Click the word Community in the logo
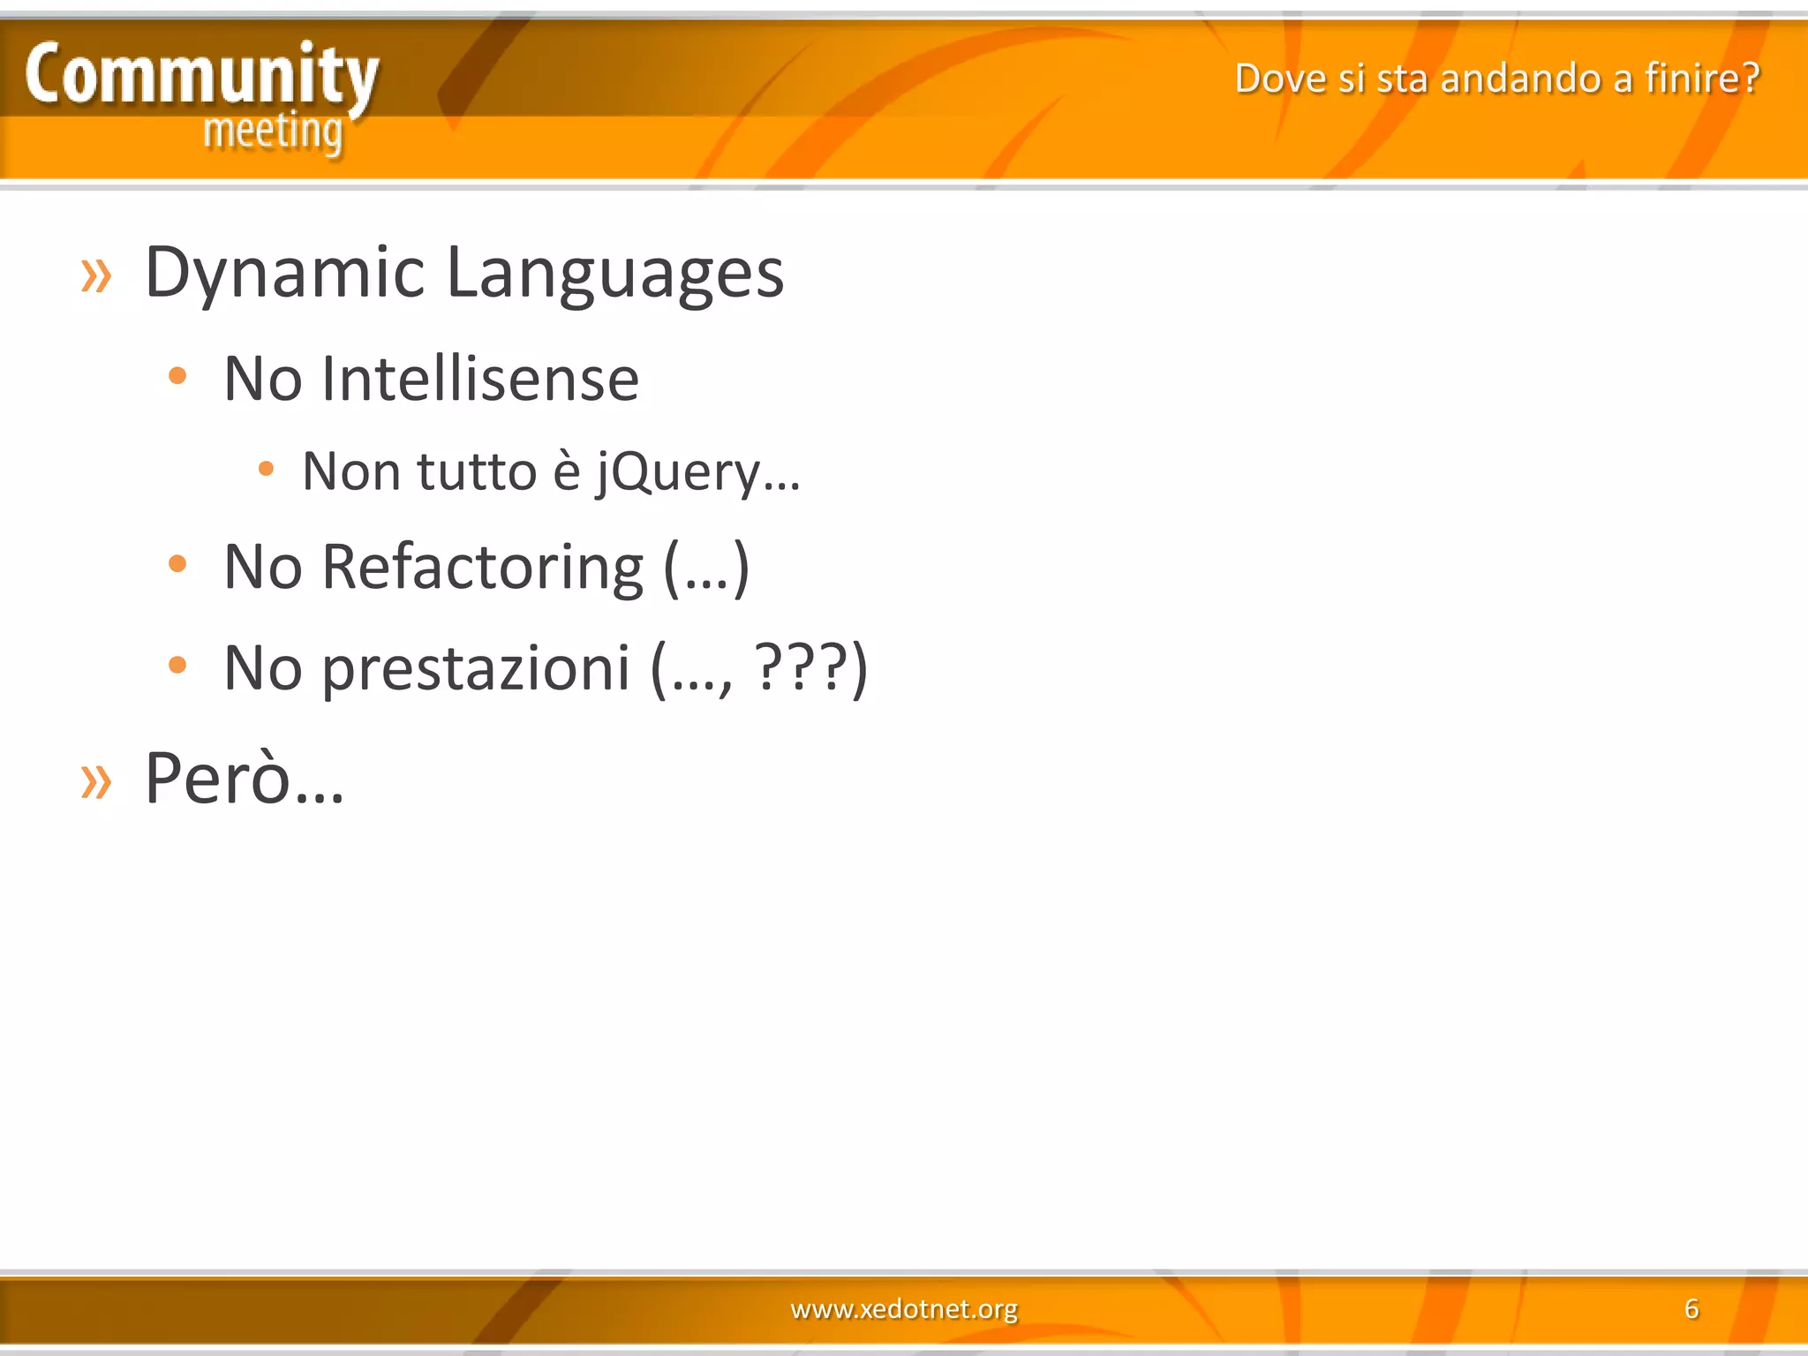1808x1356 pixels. (201, 75)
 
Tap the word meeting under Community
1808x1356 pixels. (273, 132)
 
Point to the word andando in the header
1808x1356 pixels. (1521, 78)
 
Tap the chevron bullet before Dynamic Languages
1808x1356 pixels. (96, 275)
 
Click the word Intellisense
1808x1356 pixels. (480, 379)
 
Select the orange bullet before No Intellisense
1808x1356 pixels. (177, 376)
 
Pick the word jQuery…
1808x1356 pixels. (698, 471)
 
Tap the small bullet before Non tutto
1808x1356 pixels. (266, 469)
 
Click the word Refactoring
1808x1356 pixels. (483, 567)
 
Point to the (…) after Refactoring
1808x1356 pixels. (706, 569)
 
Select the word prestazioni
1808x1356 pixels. (476, 668)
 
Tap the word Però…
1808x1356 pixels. (245, 779)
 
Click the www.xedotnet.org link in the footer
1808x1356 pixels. (904, 1308)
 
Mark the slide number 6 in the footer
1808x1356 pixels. (1691, 1308)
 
